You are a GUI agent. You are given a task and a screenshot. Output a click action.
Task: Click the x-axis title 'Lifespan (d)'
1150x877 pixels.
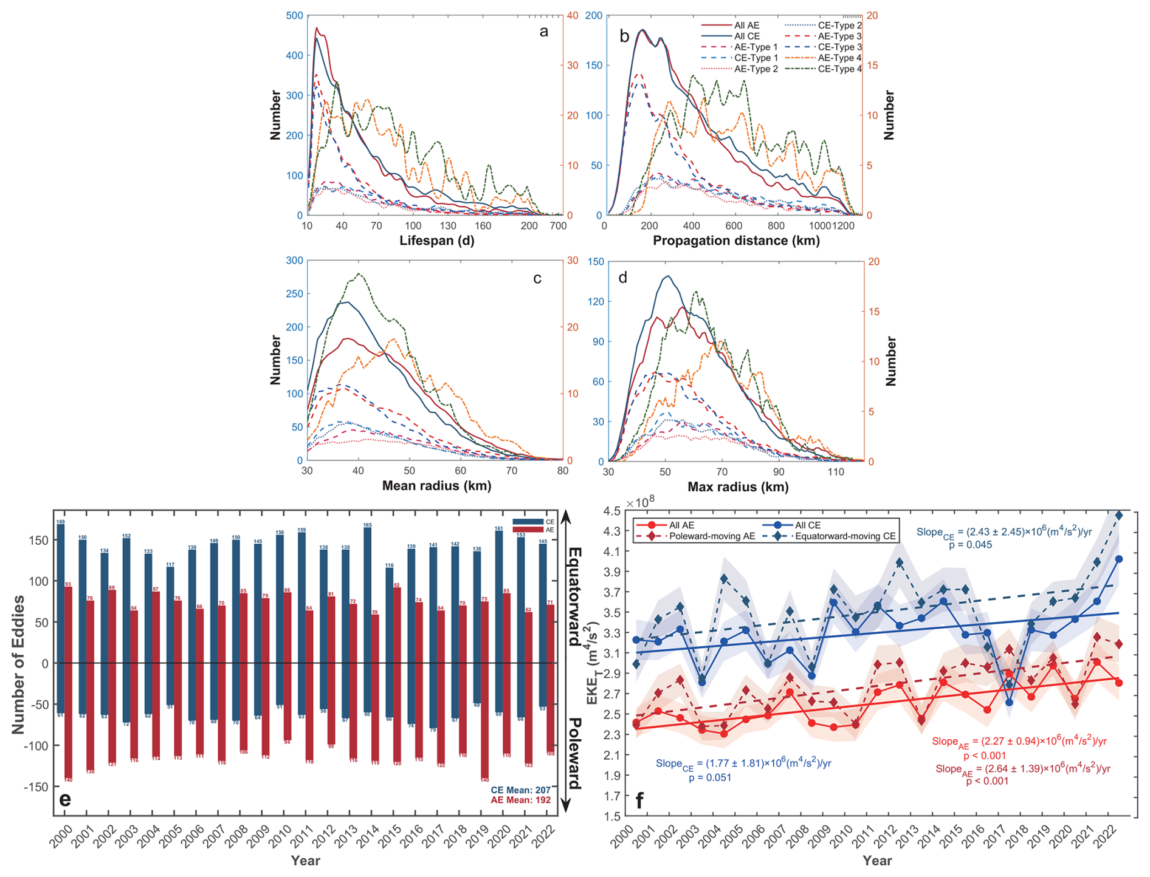pos(436,241)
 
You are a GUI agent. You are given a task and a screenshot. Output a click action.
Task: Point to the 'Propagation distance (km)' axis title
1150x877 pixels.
pos(736,241)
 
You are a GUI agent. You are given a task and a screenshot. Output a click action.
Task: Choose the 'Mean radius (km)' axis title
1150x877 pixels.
pos(436,486)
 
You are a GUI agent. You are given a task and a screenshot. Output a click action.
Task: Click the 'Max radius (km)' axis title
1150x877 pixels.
pos(738,486)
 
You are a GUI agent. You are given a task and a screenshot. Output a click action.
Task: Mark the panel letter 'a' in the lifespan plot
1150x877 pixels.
pos(543,32)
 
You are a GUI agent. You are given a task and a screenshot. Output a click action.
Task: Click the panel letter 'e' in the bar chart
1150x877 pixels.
pos(65,799)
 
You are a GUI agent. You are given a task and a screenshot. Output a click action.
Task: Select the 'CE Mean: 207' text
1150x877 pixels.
pos(521,790)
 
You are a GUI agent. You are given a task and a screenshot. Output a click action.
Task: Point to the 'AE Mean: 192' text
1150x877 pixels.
pos(521,800)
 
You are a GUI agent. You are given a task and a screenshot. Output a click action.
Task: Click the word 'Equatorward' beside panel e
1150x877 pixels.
pos(574,596)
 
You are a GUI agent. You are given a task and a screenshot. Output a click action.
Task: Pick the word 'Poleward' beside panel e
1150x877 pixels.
pos(574,753)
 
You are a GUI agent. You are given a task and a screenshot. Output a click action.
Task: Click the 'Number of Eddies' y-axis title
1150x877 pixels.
pos(19,664)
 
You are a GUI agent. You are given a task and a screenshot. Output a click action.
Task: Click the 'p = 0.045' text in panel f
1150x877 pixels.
pos(970,545)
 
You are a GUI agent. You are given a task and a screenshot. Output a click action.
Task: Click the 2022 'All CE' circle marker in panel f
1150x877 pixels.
pos(1119,559)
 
